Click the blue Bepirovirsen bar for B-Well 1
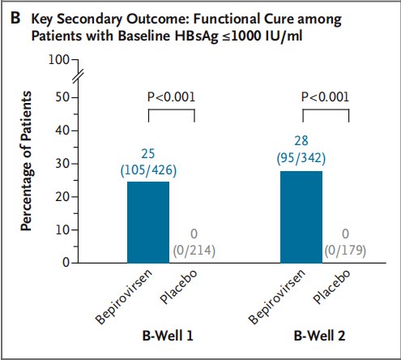pos(148,222)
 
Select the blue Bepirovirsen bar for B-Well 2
pos(301,217)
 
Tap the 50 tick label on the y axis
pos(62,97)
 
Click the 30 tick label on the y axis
pos(62,164)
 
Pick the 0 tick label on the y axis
pos(66,263)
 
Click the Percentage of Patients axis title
pos(27,161)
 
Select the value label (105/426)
pos(148,170)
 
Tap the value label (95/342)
pos(301,158)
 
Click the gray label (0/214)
pos(194,251)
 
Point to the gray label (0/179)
pos(345,251)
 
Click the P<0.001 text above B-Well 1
pos(171,97)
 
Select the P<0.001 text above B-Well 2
pos(325,97)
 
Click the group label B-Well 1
pos(168,336)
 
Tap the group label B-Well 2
pos(319,336)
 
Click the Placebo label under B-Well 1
pos(178,287)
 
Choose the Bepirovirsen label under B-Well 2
pos(277,297)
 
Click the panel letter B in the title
pos(15,19)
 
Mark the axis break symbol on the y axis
pos(79,75)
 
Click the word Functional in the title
pos(227,19)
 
